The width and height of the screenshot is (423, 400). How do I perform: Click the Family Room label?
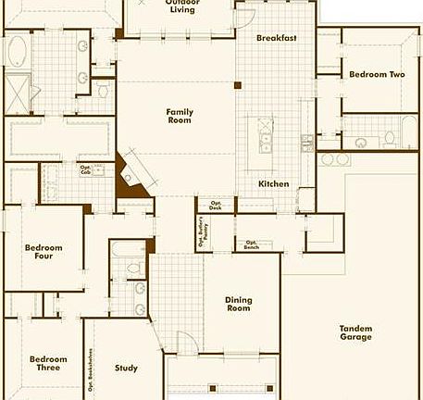pyautogui.click(x=180, y=116)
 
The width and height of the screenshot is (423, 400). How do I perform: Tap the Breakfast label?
pyautogui.click(x=276, y=38)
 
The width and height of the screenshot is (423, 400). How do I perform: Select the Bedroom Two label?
pyautogui.click(x=377, y=73)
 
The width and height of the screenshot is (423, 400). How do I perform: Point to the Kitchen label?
pyautogui.click(x=273, y=183)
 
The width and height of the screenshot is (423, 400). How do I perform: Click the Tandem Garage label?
pyautogui.click(x=355, y=332)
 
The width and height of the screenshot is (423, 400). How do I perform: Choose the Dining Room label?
pyautogui.click(x=238, y=303)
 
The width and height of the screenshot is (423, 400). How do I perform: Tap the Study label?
pyautogui.click(x=126, y=369)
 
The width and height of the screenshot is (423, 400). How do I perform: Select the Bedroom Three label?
pyautogui.click(x=48, y=364)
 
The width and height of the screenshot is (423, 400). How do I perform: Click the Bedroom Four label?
pyautogui.click(x=44, y=252)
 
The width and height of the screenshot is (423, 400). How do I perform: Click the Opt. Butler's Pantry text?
pyautogui.click(x=202, y=233)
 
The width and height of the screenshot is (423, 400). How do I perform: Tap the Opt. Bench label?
pyautogui.click(x=252, y=244)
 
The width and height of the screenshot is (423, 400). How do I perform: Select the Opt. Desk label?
pyautogui.click(x=216, y=206)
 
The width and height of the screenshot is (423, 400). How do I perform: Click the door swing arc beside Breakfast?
pyautogui.click(x=244, y=14)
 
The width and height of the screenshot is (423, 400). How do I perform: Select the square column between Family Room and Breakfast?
pyautogui.click(x=238, y=86)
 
